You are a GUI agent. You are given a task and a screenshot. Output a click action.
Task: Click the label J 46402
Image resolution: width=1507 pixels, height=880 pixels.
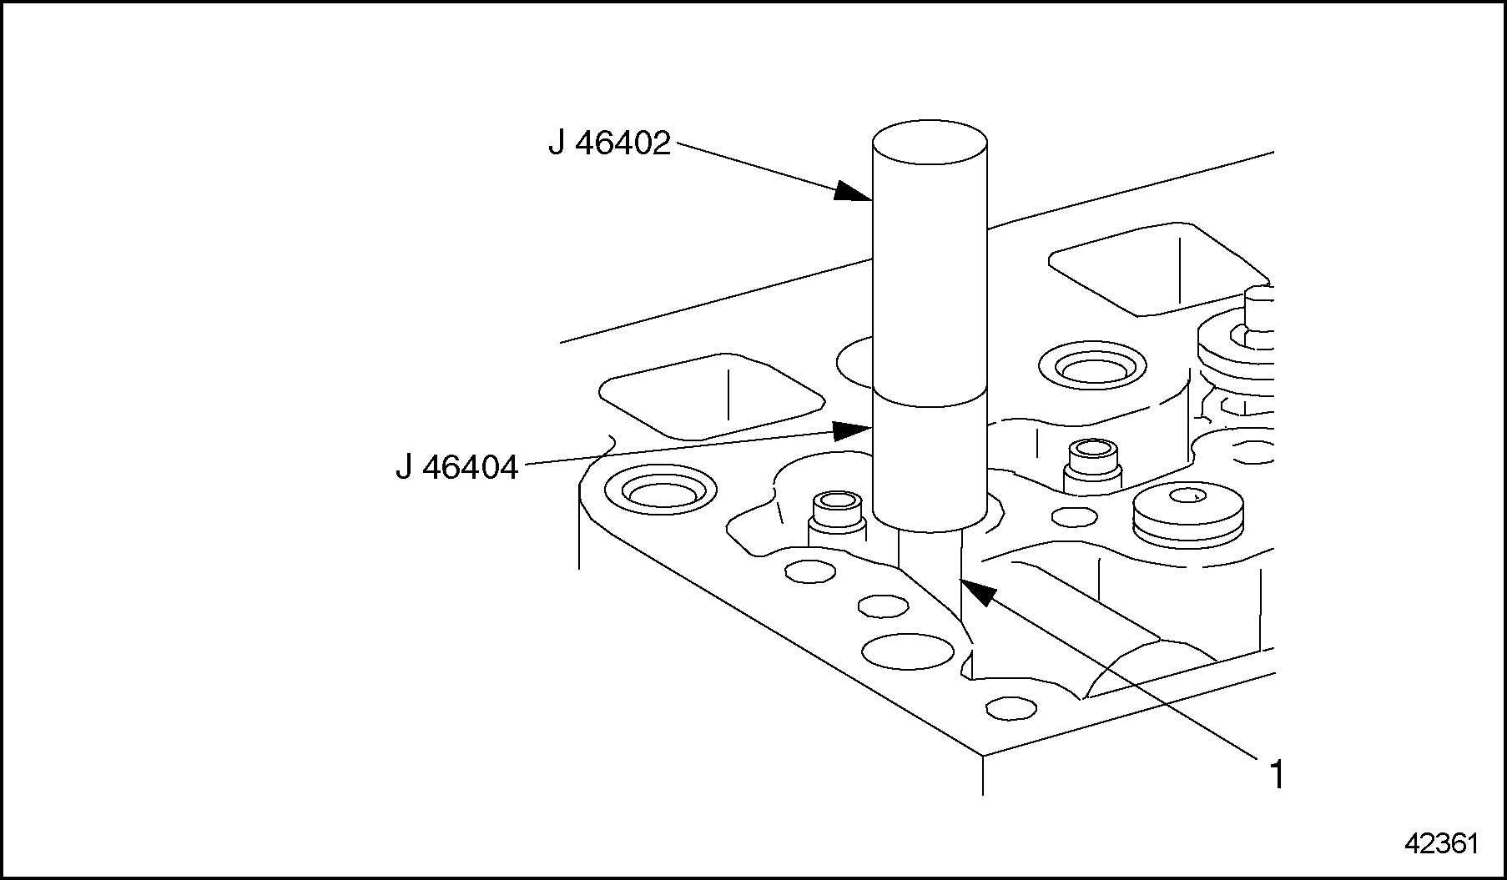609,144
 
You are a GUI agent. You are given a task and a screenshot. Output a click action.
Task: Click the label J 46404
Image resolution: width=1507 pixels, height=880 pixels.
456,467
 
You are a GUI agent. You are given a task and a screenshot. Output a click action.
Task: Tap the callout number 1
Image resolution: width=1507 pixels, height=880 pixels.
1276,775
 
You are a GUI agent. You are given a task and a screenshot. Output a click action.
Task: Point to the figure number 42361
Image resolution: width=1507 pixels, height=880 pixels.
1441,843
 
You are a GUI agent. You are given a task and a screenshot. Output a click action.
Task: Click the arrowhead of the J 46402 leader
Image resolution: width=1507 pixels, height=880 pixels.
855,193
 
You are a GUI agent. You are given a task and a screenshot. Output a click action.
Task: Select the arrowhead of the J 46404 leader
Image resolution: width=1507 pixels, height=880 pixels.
854,430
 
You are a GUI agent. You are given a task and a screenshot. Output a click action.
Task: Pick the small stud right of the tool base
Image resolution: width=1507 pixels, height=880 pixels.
1091,463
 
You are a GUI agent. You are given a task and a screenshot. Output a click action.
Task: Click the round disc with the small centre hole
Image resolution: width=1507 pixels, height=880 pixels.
1187,510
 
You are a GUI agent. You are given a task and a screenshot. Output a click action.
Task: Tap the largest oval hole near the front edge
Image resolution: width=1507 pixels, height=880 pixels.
907,651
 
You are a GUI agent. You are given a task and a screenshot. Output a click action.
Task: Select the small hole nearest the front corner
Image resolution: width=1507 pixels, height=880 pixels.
1011,709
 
